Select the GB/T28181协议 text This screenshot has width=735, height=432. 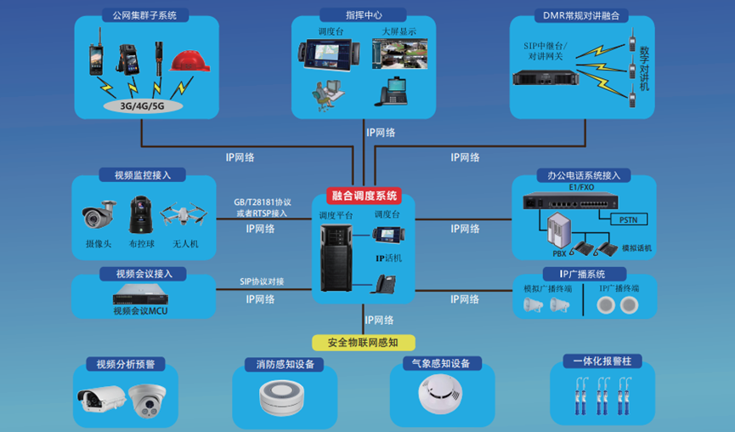pyautogui.click(x=263, y=203)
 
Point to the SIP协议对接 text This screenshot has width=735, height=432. pyautogui.click(x=262, y=281)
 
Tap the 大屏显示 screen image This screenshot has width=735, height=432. pyautogui.click(x=399, y=54)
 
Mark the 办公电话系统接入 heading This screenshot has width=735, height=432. pyautogui.click(x=584, y=175)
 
